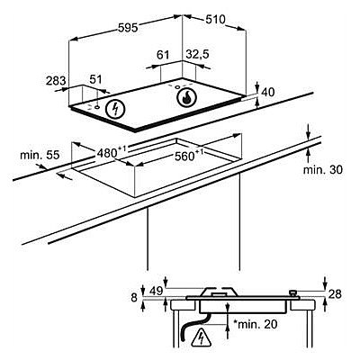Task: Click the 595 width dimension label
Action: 128,28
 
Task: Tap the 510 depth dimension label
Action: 215,20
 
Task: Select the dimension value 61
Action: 163,55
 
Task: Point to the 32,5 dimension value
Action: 197,55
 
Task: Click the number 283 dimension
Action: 56,80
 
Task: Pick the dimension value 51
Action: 96,79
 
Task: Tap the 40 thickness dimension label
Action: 267,93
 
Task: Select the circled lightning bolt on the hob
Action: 115,109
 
